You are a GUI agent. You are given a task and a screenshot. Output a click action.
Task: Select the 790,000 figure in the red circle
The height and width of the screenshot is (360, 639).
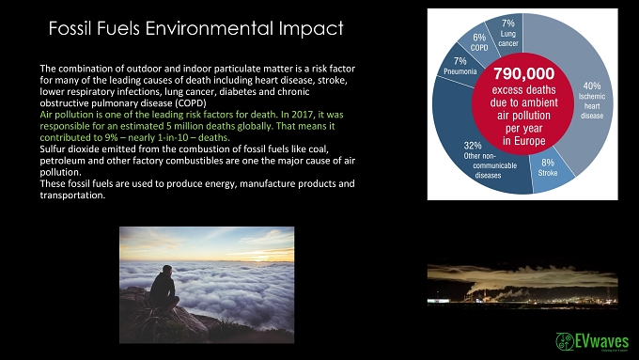point(523,74)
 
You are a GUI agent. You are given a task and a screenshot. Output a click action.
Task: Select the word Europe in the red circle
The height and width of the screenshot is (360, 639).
point(530,142)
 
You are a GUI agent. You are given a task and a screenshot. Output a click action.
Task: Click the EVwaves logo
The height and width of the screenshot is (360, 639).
point(592,341)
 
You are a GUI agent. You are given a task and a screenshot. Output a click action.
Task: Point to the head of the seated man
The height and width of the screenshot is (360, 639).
point(166,270)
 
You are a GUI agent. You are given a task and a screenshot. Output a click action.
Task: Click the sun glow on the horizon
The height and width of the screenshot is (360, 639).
point(255,258)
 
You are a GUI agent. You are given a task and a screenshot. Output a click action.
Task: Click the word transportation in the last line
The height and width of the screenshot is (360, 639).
point(72,196)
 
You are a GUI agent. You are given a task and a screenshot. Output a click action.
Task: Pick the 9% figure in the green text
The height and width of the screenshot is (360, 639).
point(111,137)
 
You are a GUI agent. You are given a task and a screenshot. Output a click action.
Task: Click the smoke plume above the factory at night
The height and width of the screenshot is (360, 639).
point(530,275)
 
